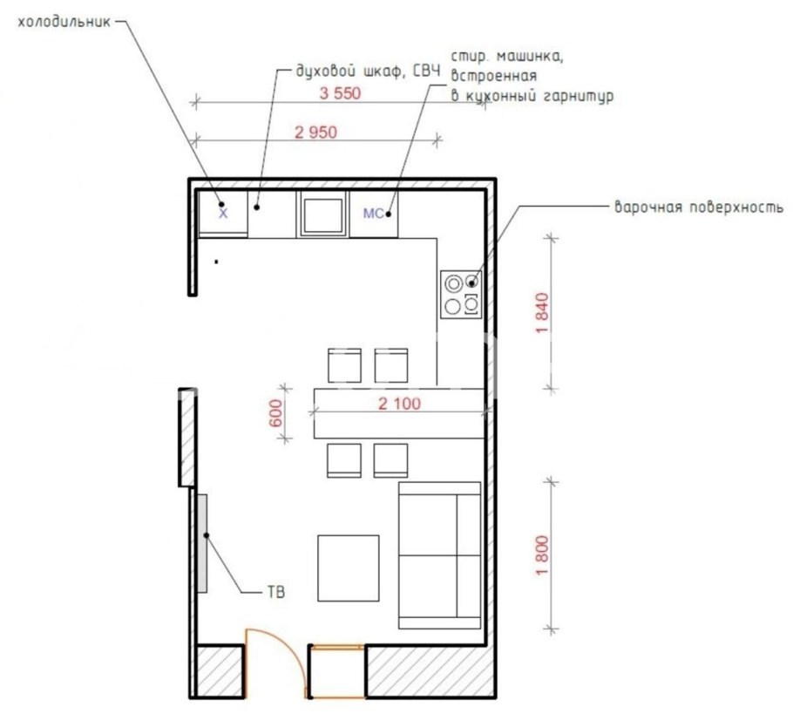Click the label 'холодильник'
pyautogui.click(x=64, y=23)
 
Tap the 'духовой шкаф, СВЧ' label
pyautogui.click(x=368, y=71)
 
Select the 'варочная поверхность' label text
pyautogui.click(x=698, y=207)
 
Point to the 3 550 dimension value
pyautogui.click(x=340, y=93)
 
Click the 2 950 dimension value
pyautogui.click(x=315, y=133)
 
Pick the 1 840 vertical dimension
pyautogui.click(x=542, y=313)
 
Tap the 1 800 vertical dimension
pyautogui.click(x=542, y=555)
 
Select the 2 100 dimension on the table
pyautogui.click(x=399, y=404)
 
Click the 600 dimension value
pyautogui.click(x=276, y=413)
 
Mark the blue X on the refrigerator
pyautogui.click(x=223, y=214)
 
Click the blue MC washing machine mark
pyautogui.click(x=373, y=214)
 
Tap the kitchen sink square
pyautogui.click(x=322, y=214)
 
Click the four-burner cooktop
pyautogui.click(x=461, y=295)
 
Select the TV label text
pyautogui.click(x=276, y=592)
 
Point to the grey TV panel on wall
pyautogui.click(x=202, y=543)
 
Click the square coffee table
pyautogui.click(x=349, y=568)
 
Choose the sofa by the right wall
pyautogui.click(x=439, y=555)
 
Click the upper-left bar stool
pyautogui.click(x=344, y=365)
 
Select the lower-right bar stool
pyautogui.click(x=390, y=460)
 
